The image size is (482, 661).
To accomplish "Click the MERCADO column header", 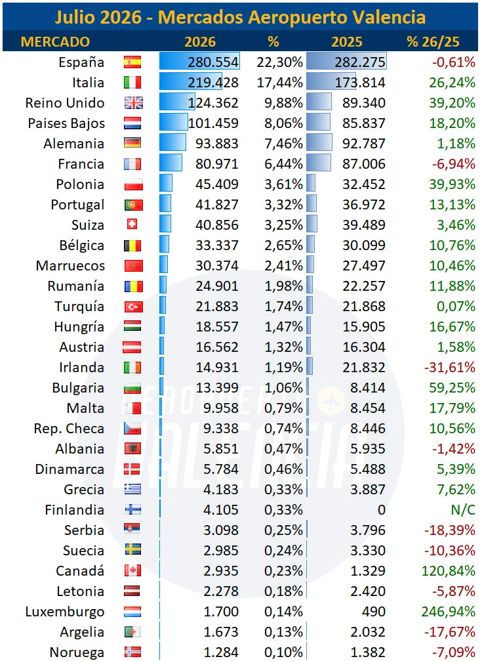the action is point(55,42).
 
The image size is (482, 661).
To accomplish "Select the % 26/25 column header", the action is point(433,42).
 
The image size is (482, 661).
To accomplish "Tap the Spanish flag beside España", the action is point(132,62).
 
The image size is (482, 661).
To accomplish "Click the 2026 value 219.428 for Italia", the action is point(213,83).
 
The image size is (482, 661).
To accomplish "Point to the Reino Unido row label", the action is point(65,103).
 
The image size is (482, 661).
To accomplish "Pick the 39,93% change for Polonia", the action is point(452,184).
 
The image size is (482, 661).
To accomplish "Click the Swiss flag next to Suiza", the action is point(132,224).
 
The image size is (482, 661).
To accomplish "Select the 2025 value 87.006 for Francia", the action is point(364,164).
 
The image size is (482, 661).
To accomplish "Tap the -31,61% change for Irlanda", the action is point(450,367).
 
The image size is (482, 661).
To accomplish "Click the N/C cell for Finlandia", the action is point(462,509).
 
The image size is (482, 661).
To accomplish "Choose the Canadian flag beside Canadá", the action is point(132,571).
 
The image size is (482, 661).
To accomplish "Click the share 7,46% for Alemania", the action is point(283,144).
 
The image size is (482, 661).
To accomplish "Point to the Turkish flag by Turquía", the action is point(134,307).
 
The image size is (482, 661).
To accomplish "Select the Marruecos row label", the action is point(70,266).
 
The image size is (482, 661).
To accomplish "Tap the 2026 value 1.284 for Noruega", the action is point(221,652).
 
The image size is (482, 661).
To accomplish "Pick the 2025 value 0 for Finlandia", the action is point(381,509).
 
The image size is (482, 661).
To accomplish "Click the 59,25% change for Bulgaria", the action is point(452,387).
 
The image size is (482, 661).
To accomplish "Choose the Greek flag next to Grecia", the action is point(132,489).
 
